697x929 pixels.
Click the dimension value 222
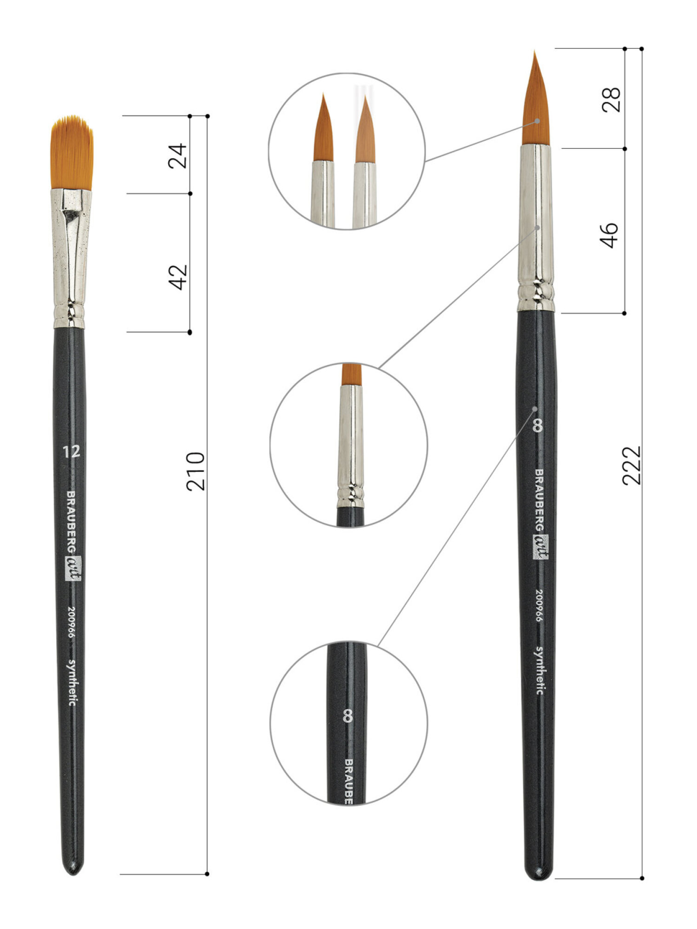point(631,465)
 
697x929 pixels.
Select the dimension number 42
point(178,277)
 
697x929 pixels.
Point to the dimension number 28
point(612,99)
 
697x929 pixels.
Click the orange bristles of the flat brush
point(72,152)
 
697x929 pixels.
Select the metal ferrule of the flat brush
point(70,258)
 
